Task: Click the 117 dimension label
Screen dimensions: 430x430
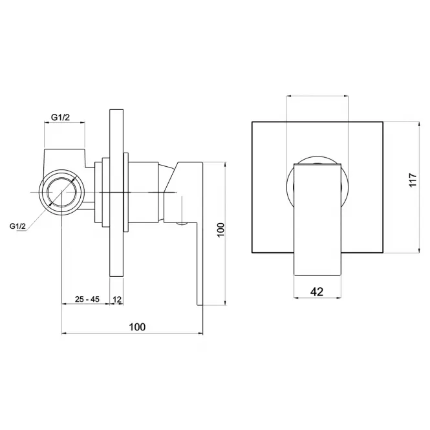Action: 413,180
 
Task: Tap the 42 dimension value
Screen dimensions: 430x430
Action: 317,292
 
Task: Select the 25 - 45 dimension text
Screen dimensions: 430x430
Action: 87,299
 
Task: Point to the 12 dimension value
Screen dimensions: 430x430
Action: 117,299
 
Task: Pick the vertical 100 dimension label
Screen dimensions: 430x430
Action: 220,230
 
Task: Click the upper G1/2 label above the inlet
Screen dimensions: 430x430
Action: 61,118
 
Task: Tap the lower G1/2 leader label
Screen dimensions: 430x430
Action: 17,226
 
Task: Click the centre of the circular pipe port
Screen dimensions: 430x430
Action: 61,192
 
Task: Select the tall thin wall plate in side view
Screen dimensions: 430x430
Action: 116,193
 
